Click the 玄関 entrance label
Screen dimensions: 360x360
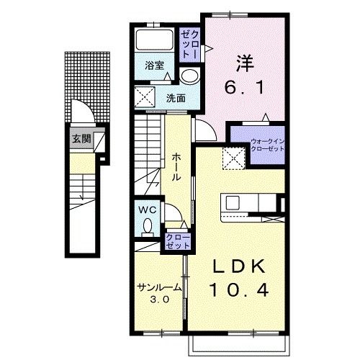82,139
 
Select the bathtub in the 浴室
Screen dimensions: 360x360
154,40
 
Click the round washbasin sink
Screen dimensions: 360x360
189,76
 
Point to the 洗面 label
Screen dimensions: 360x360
176,98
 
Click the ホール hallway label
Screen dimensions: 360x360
176,167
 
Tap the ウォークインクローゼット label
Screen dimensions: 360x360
267,145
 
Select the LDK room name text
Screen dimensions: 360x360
239,266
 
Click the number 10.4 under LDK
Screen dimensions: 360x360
239,289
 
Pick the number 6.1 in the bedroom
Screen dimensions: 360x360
244,87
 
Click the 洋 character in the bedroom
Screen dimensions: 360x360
245,63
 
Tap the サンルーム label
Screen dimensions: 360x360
159,287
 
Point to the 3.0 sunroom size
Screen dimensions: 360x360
160,300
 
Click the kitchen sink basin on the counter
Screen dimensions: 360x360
233,203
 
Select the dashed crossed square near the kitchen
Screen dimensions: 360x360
234,158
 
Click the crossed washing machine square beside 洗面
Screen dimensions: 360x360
145,97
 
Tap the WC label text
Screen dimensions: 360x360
148,210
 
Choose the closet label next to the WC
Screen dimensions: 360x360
178,241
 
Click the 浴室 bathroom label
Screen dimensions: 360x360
154,66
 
